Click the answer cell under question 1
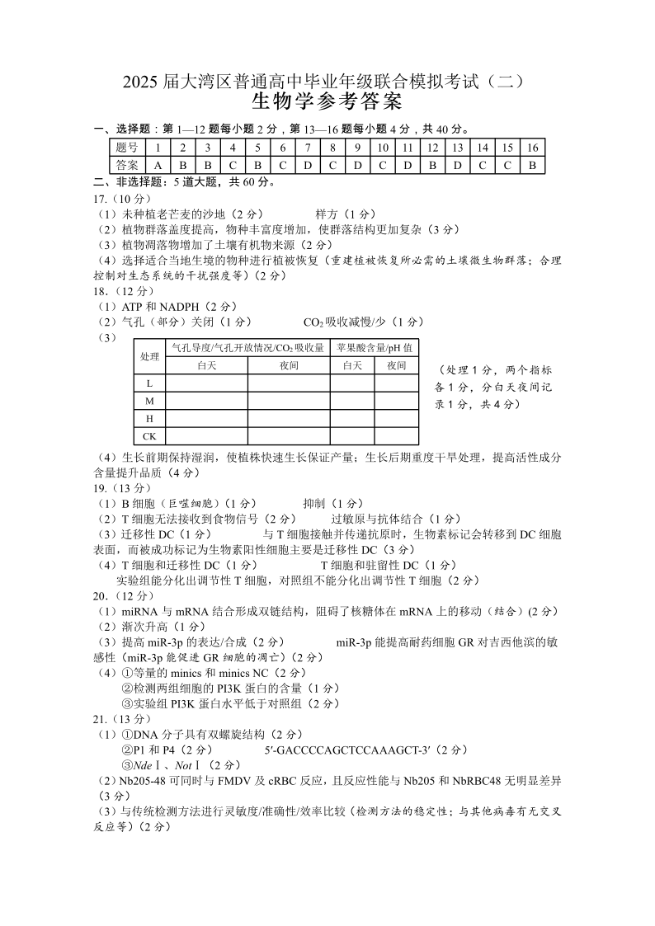tap(157, 164)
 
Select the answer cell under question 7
tap(307, 164)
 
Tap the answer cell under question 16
tap(533, 164)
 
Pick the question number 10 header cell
tap(383, 147)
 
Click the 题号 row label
tap(126, 147)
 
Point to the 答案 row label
tap(126, 164)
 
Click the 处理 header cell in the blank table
tap(149, 356)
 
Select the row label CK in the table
tap(149, 436)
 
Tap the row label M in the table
tap(149, 401)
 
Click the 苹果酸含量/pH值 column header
tap(375, 347)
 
